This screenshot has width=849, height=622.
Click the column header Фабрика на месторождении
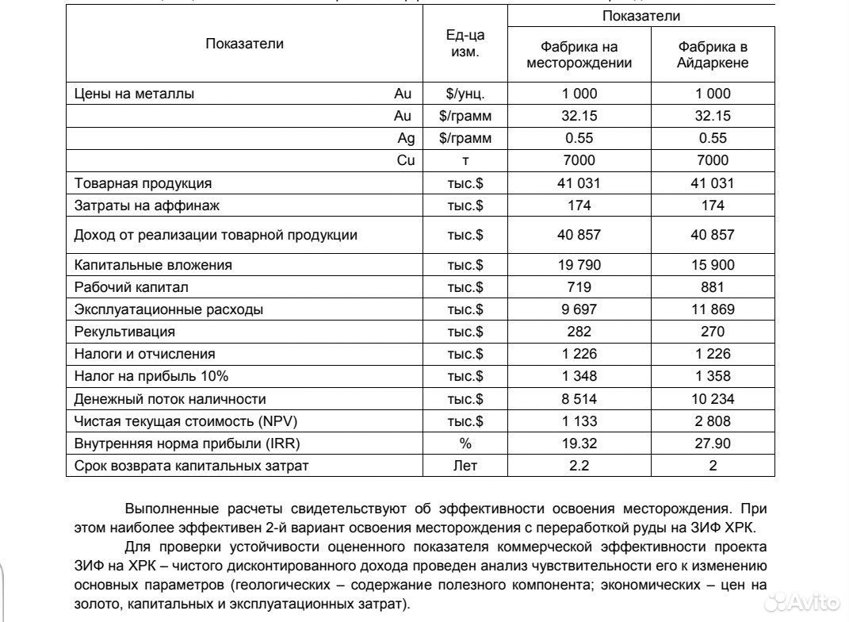(579, 55)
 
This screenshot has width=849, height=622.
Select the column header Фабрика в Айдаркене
(713, 55)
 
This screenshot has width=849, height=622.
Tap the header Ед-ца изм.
(465, 44)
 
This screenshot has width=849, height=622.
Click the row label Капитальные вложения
(153, 265)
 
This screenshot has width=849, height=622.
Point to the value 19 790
(579, 265)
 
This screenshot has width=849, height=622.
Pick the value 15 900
(713, 265)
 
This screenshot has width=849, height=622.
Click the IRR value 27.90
(713, 443)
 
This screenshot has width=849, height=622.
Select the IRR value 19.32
(579, 443)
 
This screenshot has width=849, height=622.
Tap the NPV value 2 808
(713, 421)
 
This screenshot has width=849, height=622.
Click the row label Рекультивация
(124, 332)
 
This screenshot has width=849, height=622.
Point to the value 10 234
(713, 399)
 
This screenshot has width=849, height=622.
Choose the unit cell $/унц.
(465, 94)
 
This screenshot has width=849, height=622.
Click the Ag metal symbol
(406, 138)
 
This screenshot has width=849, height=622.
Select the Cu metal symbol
(406, 160)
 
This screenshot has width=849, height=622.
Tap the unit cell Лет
(465, 466)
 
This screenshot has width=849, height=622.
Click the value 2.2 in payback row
(579, 466)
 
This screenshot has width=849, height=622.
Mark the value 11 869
(713, 309)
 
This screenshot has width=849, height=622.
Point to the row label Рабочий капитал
(131, 287)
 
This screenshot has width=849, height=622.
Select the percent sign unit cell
(465, 443)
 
